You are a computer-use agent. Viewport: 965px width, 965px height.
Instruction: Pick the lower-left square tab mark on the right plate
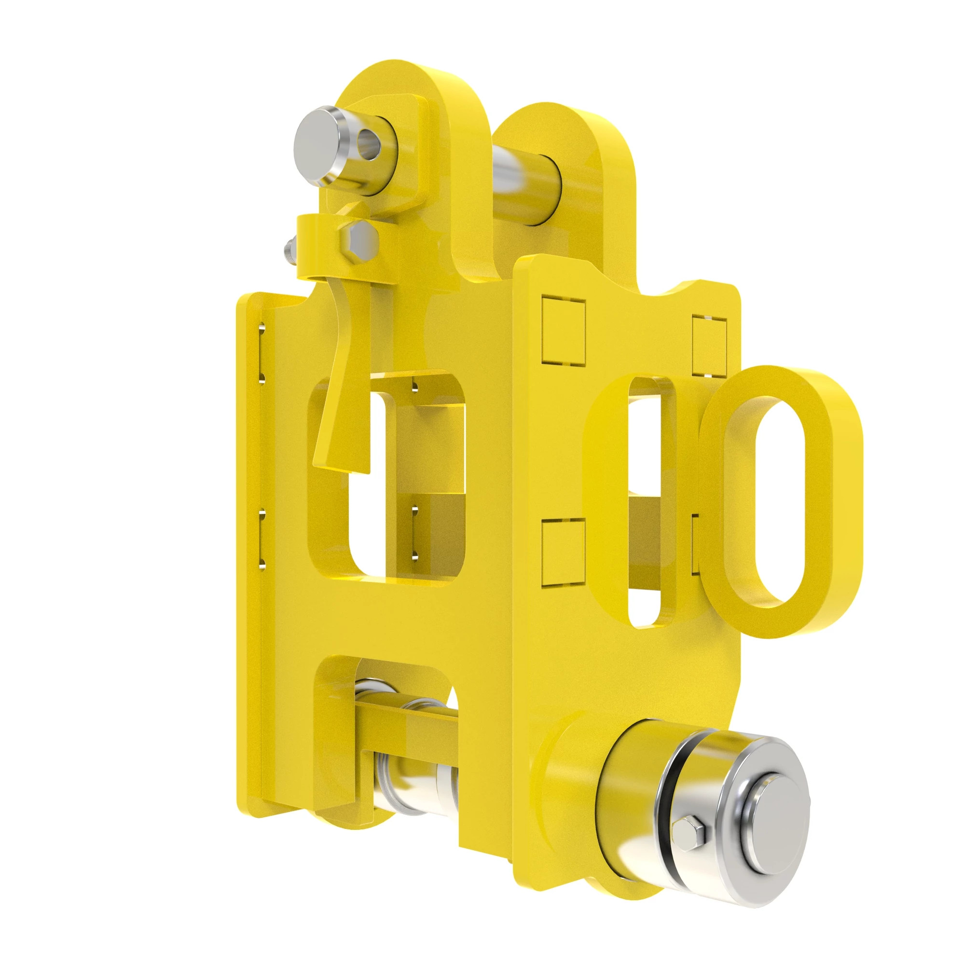tap(563, 552)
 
